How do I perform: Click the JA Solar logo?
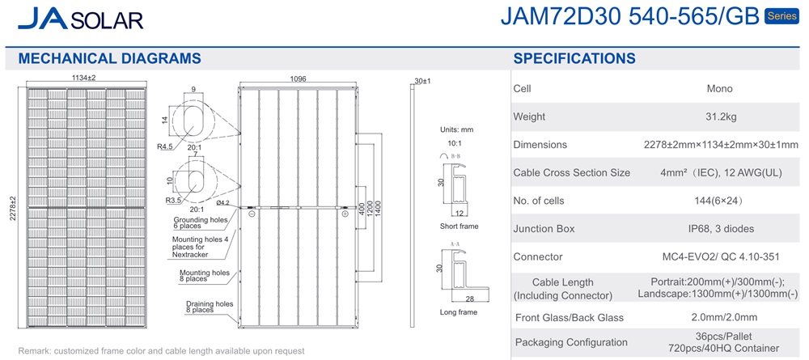80,19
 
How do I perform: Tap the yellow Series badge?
782,16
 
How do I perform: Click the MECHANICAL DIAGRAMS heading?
109,58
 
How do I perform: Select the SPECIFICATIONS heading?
574,58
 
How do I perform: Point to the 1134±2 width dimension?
84,78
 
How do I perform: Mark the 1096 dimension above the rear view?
299,79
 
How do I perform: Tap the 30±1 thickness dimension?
422,81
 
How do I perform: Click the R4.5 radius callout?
164,146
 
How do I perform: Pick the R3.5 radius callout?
172,200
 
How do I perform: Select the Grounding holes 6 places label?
200,222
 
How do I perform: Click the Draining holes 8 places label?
210,307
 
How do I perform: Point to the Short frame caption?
459,226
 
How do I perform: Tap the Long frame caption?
458,312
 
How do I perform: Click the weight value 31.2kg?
719,116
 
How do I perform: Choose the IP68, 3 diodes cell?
719,228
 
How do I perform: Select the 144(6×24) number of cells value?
718,201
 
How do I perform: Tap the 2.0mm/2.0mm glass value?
719,317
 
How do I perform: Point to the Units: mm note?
456,130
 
